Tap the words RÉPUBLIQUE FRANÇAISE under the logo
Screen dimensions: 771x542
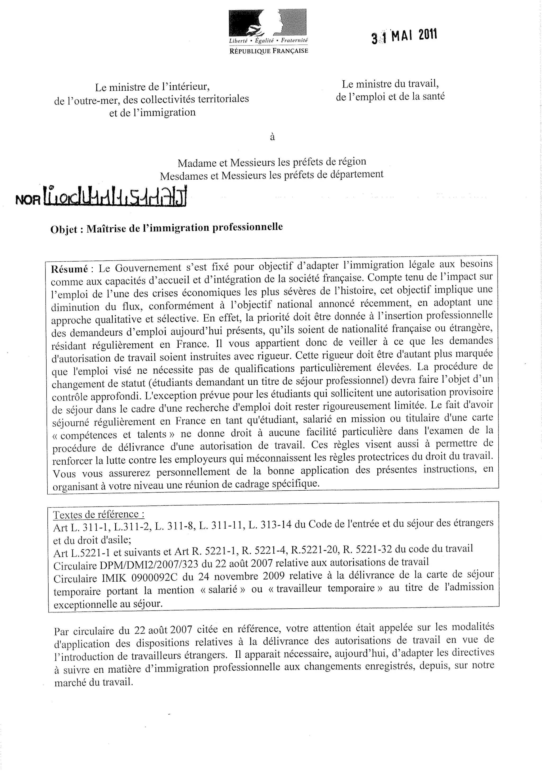pos(268,51)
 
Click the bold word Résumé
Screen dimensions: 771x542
pos(69,269)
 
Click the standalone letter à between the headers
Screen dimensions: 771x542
pos(272,137)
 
